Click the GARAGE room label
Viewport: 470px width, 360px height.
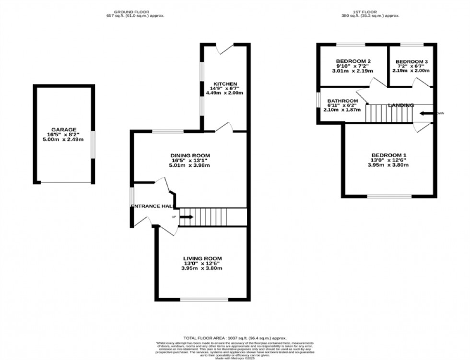click(64, 129)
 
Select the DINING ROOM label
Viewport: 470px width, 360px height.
click(190, 155)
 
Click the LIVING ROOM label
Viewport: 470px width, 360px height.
click(202, 258)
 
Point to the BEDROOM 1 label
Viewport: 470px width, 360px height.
click(389, 155)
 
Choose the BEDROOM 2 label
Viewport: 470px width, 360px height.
click(353, 61)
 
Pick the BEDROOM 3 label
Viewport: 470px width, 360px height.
click(411, 62)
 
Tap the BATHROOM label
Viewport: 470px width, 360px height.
click(342, 101)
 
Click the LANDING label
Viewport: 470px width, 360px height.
click(401, 105)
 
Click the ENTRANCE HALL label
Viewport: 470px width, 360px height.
click(152, 206)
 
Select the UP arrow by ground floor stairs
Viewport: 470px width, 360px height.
click(187, 217)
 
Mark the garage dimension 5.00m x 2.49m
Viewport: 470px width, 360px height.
click(64, 139)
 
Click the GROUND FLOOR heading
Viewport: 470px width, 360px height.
click(135, 12)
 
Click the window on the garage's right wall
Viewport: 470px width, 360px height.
click(93, 144)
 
